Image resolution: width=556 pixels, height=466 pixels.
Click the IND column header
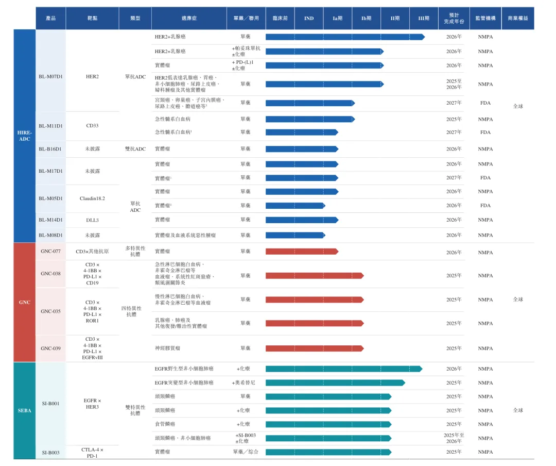pyautogui.click(x=309, y=19)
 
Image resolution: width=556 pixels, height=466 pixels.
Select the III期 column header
pyautogui.click(x=424, y=19)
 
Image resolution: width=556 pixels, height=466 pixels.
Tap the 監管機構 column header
pyautogui.click(x=485, y=19)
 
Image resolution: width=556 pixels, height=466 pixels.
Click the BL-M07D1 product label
pyautogui.click(x=50, y=77)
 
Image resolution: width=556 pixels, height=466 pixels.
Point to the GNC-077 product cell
pyautogui.click(x=50, y=252)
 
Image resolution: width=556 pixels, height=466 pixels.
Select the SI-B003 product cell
pyautogui.click(x=50, y=453)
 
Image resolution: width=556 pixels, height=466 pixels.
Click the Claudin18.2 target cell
pyautogui.click(x=92, y=198)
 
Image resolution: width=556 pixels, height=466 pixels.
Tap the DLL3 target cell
pyautogui.click(x=92, y=220)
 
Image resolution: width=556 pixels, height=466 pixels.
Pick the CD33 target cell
pyautogui.click(x=92, y=125)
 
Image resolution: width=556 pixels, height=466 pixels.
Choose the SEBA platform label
pyautogui.click(x=24, y=410)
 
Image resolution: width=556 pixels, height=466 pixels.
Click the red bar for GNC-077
pyautogui.click(x=302, y=252)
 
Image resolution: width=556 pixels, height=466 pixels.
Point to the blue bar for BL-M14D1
pyautogui.click(x=302, y=220)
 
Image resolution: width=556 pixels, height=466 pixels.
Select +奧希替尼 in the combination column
pyautogui.click(x=244, y=383)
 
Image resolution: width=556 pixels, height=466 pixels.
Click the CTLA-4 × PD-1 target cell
pyautogui.click(x=92, y=453)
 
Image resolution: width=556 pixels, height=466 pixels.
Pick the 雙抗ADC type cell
pyautogui.click(x=135, y=149)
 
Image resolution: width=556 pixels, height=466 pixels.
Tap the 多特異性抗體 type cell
pyautogui.click(x=135, y=251)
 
